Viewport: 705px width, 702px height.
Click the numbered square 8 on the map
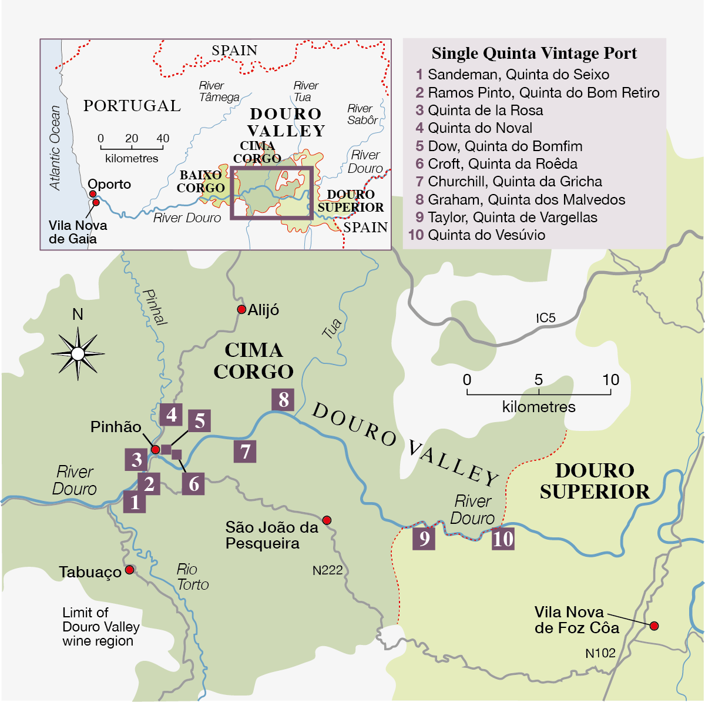tap(283, 400)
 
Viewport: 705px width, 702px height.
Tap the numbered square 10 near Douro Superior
tap(503, 539)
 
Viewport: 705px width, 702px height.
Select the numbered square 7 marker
tap(245, 452)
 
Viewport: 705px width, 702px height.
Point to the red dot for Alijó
tap(241, 310)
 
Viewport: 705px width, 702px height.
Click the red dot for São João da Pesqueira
tap(327, 520)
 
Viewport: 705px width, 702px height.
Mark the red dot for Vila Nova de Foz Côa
tap(654, 626)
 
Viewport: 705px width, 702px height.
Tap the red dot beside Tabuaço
tap(129, 570)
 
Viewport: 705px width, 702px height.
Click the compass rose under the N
tap(78, 353)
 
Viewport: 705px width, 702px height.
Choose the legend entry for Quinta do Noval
tap(474, 128)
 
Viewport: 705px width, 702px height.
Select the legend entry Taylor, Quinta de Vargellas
tap(506, 218)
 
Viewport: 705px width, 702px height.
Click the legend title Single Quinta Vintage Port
tap(534, 54)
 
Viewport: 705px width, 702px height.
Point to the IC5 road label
tap(545, 318)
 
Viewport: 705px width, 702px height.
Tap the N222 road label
tap(327, 570)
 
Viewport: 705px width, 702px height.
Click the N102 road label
tap(600, 653)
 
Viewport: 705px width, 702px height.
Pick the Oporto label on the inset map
tap(109, 184)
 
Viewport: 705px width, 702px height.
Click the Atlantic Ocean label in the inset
tap(55, 148)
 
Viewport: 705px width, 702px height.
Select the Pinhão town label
tap(116, 427)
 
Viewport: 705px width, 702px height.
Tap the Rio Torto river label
tap(193, 577)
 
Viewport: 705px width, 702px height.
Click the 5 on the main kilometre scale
tap(539, 380)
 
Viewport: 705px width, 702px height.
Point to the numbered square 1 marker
tap(135, 503)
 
